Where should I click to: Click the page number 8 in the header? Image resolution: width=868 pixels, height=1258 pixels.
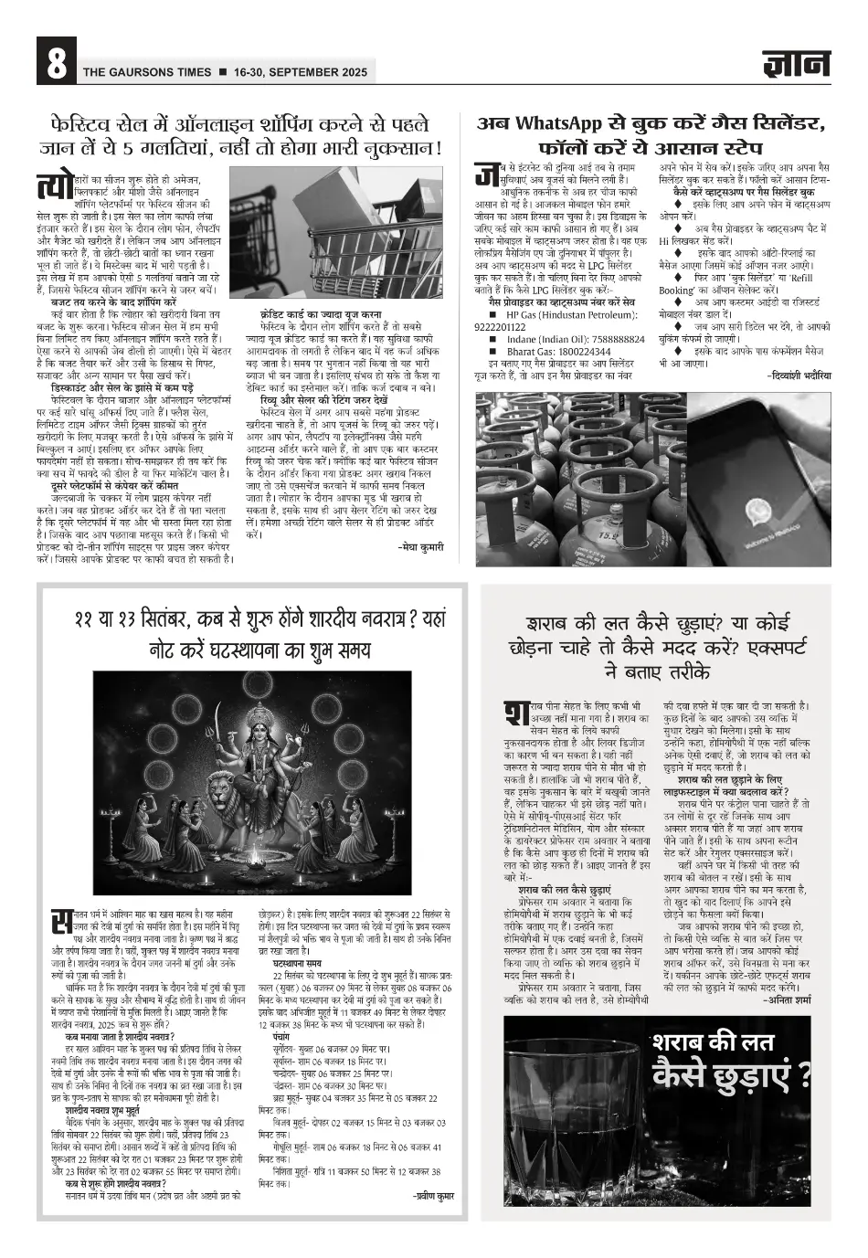[x=54, y=63]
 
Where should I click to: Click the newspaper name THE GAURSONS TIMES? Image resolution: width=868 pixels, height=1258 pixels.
[x=146, y=72]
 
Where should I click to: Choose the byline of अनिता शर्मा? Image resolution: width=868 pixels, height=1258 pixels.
[x=787, y=1000]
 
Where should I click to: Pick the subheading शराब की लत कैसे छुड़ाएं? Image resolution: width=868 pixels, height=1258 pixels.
[x=564, y=889]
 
